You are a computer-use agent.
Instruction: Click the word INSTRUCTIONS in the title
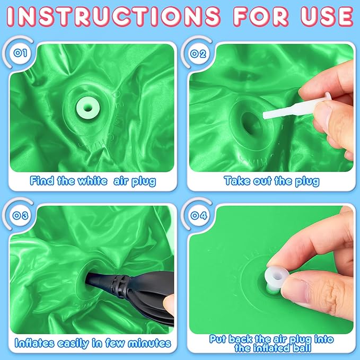tap(113, 16)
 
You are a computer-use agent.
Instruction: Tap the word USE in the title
tap(327, 16)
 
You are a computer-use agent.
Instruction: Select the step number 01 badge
tap(20, 53)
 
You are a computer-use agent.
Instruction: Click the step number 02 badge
tap(198, 54)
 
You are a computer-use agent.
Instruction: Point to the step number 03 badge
tap(20, 216)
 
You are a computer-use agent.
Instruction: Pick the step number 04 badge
tap(198, 216)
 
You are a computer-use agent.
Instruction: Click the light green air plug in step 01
tap(87, 108)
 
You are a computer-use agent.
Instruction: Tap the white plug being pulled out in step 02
tap(296, 108)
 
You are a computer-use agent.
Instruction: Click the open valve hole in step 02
tap(251, 124)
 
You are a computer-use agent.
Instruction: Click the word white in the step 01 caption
tap(93, 181)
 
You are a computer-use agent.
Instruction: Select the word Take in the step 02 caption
tap(237, 181)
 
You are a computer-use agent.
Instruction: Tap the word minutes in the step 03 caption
tap(150, 343)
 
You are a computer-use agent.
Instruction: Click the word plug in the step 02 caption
tap(307, 182)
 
